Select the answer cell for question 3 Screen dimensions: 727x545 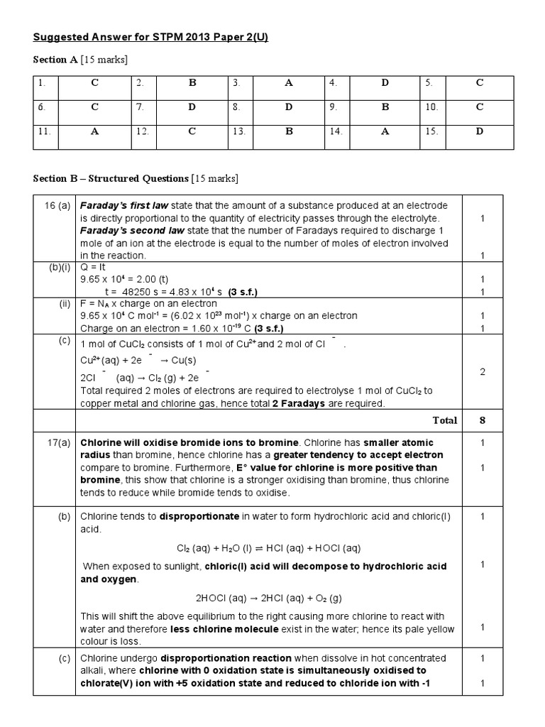pyautogui.click(x=289, y=83)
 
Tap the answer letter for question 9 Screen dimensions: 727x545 pyautogui.click(x=385, y=107)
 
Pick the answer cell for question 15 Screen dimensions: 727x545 pyautogui.click(x=480, y=131)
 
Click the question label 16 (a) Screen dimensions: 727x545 pyautogui.click(x=57, y=206)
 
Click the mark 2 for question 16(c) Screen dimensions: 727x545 pyautogui.click(x=483, y=371)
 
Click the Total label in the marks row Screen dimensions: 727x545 pyautogui.click(x=445, y=420)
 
